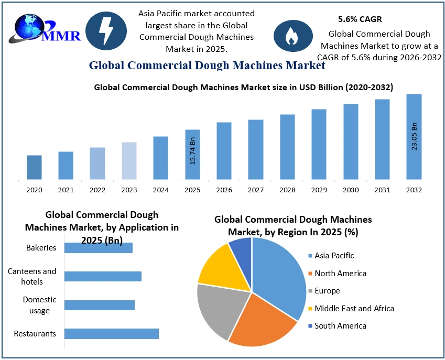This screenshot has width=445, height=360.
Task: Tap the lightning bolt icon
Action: [106, 31]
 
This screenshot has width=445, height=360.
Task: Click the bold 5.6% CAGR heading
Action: [360, 19]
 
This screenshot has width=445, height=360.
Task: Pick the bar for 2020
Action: [34, 167]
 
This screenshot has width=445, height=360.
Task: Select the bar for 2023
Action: [129, 160]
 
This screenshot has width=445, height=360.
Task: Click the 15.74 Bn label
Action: [192, 152]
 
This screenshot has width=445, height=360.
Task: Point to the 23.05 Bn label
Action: [414, 136]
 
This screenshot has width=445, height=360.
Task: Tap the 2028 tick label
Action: [287, 190]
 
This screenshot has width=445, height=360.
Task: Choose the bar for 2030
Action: [351, 141]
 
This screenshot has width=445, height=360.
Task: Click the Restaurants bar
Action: [111, 333]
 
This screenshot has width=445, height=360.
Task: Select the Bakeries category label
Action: [41, 247]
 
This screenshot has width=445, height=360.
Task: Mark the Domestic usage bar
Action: [99, 305]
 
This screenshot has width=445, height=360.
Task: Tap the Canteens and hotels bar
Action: [103, 276]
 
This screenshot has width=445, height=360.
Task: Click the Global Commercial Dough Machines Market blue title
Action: [207, 66]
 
